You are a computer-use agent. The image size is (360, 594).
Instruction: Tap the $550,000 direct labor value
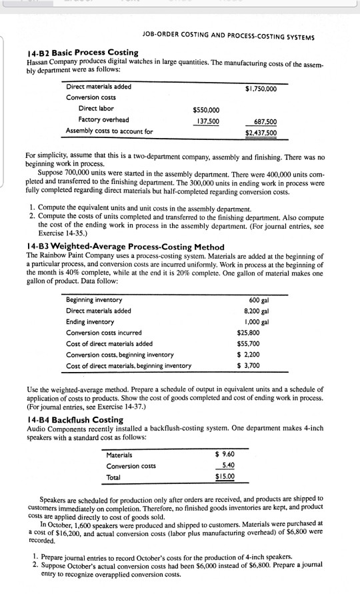pyautogui.click(x=206, y=110)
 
